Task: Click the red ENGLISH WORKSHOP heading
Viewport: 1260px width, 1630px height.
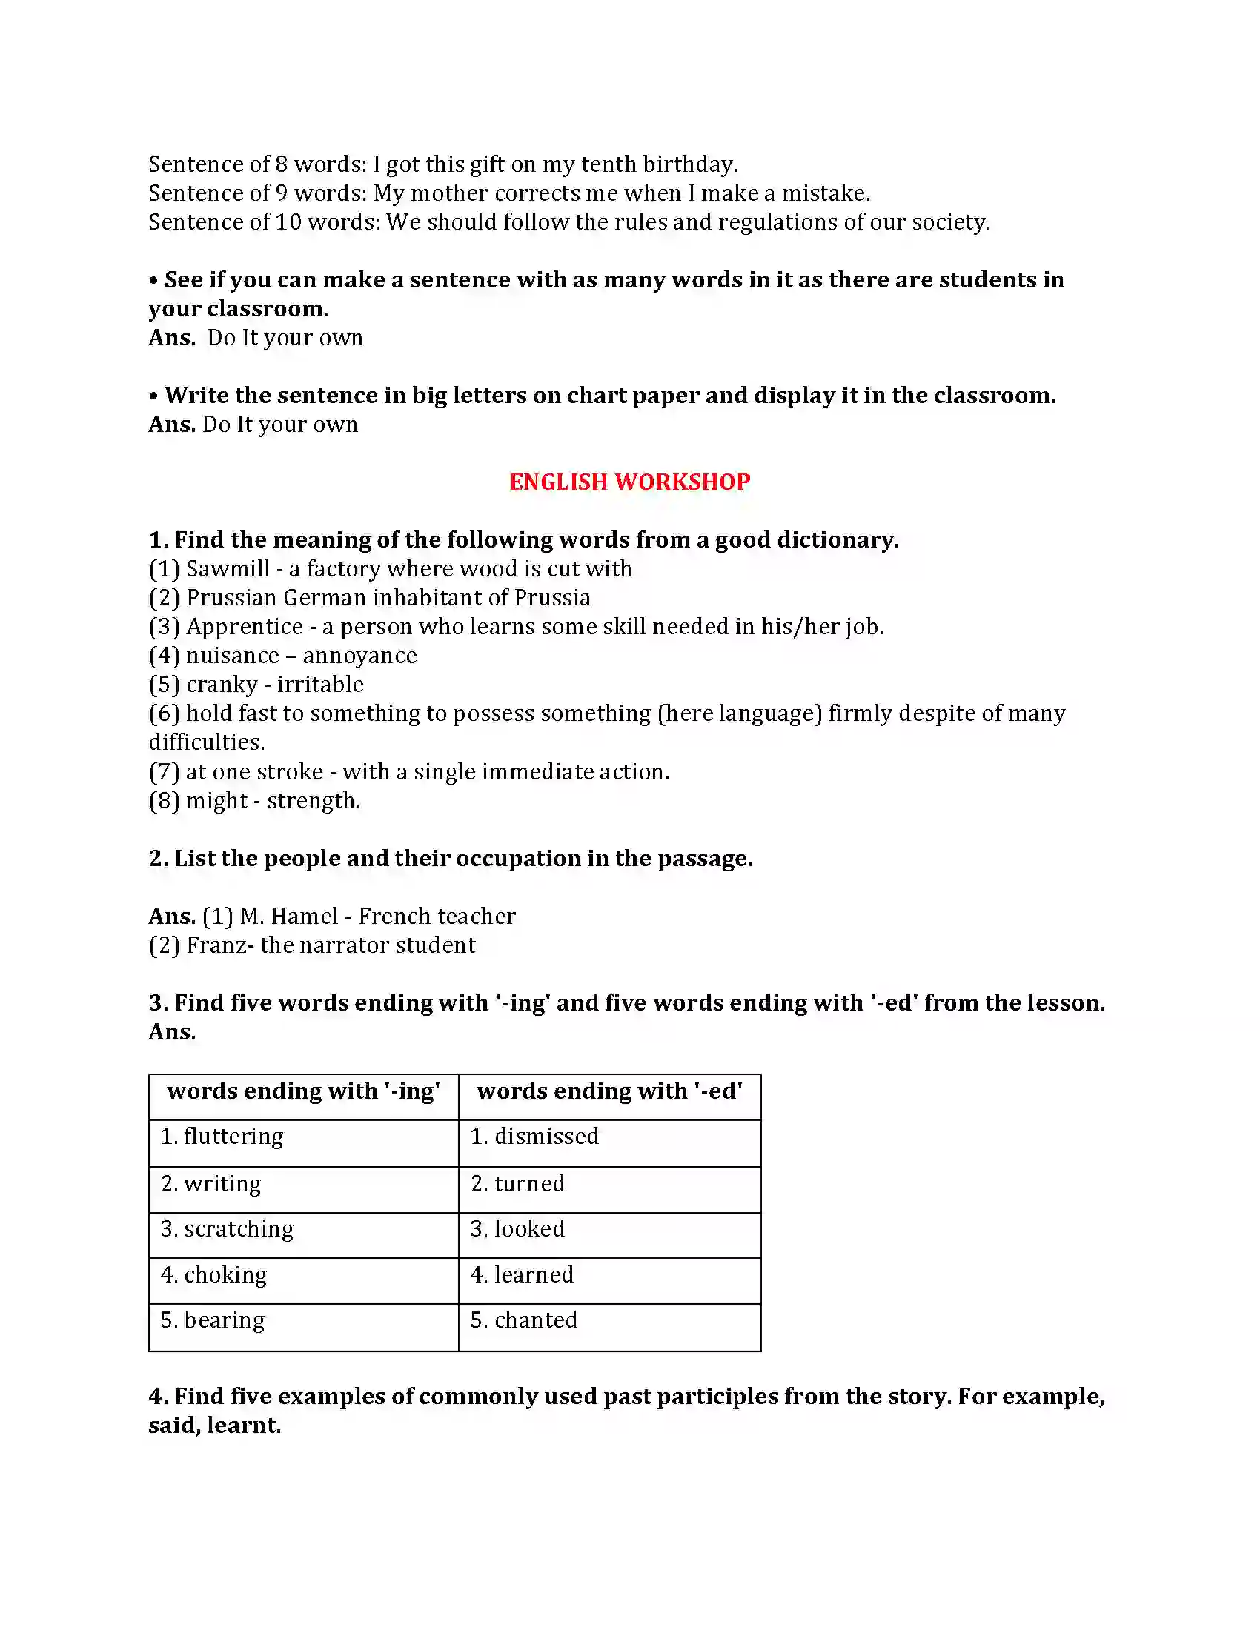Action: tap(629, 482)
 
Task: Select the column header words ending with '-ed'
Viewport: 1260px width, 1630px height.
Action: tap(609, 1091)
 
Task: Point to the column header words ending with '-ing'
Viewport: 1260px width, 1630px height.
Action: tap(303, 1091)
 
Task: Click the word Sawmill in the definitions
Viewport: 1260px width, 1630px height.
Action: tap(228, 569)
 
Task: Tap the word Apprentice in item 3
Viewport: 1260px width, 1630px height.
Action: tap(244, 627)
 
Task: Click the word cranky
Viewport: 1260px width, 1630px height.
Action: tap(222, 685)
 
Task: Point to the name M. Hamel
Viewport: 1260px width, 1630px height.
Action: tap(289, 917)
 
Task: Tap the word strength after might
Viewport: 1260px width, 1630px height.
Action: tap(313, 801)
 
